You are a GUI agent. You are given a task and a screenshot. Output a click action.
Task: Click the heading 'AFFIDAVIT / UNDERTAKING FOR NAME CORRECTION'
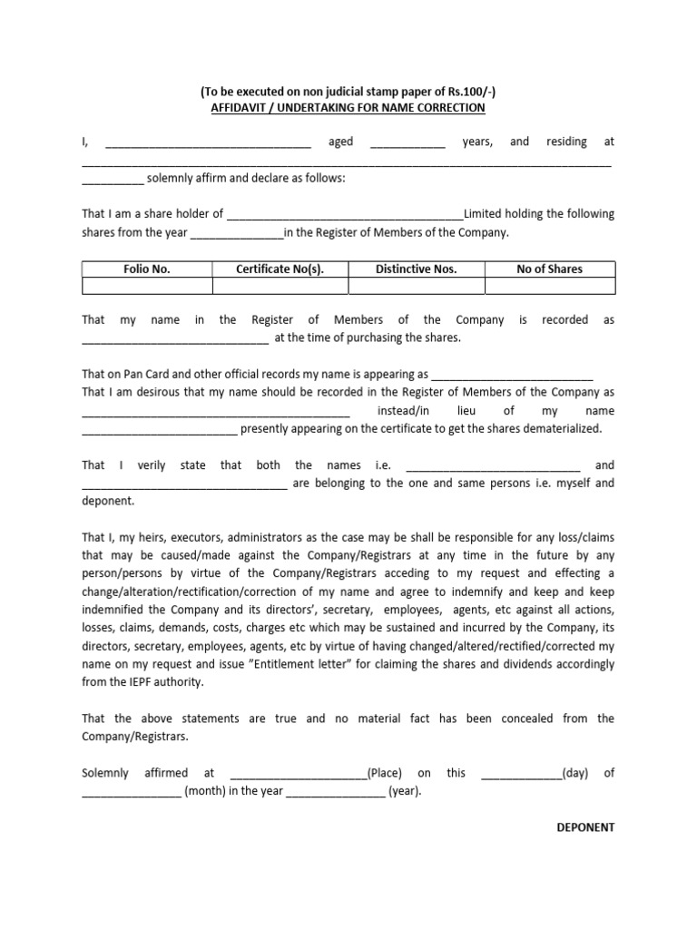pos(348,108)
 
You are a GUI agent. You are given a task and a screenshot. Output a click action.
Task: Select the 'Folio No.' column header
pos(146,269)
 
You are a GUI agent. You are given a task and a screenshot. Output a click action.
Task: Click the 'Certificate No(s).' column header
pos(280,269)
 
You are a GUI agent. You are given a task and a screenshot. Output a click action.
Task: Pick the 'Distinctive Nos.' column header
pos(416,269)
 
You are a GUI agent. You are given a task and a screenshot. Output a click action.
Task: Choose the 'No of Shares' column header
pos(549,269)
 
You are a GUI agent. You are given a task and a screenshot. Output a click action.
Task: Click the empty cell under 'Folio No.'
pos(146,287)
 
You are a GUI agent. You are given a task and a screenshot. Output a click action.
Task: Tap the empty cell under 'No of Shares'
pos(549,287)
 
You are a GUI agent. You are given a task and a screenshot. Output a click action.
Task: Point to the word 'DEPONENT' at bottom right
pos(584,827)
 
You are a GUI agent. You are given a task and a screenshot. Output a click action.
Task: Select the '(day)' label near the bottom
pos(575,773)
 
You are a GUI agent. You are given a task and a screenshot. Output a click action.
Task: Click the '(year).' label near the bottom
pos(405,791)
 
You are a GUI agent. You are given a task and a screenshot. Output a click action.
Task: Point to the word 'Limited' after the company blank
pos(483,214)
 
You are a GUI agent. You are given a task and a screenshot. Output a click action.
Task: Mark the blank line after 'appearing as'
pos(512,376)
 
